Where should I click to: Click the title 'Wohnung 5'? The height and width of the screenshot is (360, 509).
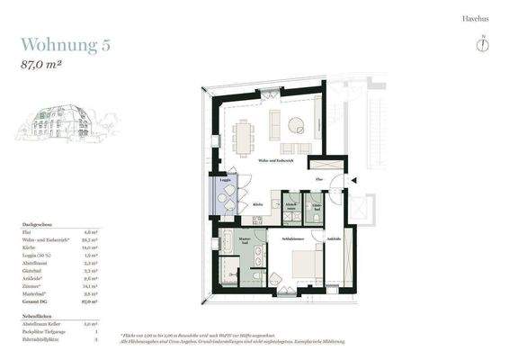pyautogui.click(x=65, y=45)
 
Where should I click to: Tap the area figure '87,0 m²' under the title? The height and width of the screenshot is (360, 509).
pyautogui.click(x=45, y=65)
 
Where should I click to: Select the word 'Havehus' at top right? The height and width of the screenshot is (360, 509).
pyautogui.click(x=473, y=18)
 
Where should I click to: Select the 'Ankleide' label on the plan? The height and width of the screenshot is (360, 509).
pyautogui.click(x=334, y=239)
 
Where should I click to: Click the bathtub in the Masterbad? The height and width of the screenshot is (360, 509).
pyautogui.click(x=228, y=241)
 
